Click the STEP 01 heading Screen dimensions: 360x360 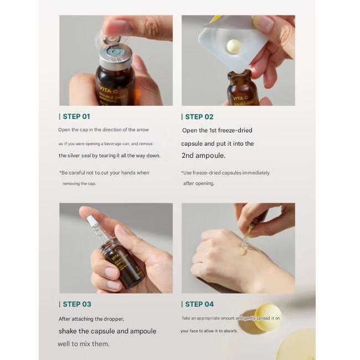tap(76, 116)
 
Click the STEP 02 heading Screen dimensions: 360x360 tap(199, 116)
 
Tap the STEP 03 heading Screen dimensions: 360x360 tap(76, 304)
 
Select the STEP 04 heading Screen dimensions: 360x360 tap(199, 304)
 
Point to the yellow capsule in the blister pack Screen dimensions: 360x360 tap(234, 47)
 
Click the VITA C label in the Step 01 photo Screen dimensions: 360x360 tap(109, 91)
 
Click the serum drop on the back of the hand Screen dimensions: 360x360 tap(241, 251)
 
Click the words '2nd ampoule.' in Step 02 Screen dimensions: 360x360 tap(203, 156)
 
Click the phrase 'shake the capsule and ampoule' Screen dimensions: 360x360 tap(107, 331)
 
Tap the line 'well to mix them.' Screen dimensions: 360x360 tap(84, 344)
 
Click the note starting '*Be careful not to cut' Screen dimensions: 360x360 tap(104, 173)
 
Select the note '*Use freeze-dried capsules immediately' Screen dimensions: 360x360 tap(225, 173)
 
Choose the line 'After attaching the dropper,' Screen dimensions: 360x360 tap(91, 318)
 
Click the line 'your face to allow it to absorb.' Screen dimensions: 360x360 tap(209, 331)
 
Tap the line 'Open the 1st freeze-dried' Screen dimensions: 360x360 tap(217, 130)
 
